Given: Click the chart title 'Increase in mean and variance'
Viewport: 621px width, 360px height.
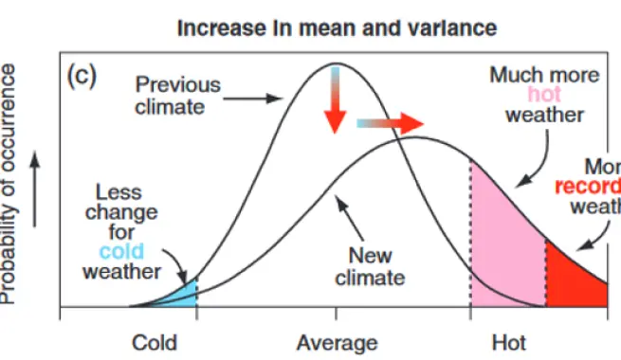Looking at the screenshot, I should pos(337,27).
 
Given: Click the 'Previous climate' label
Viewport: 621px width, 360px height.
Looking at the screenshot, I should pos(177,95).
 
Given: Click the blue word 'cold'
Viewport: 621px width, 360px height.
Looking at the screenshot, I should pos(121,251).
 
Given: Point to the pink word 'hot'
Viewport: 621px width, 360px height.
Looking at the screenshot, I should pos(544,95).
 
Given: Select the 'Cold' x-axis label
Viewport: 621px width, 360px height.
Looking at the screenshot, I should pos(154,342).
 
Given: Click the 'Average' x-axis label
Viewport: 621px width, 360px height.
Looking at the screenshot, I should pos(337,342).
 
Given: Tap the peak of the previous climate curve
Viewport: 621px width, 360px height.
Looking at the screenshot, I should pos(334,64).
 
